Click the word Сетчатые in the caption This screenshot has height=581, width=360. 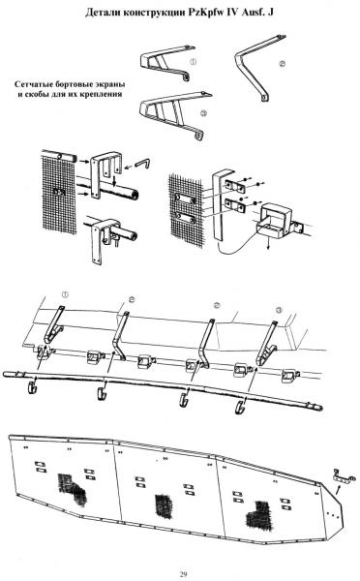(34, 84)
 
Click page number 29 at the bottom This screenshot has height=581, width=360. (183, 574)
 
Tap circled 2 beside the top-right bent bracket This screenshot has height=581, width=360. (283, 64)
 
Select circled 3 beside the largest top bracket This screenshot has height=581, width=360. (203, 113)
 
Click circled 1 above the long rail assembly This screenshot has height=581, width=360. (65, 295)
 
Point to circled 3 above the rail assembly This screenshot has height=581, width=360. (279, 310)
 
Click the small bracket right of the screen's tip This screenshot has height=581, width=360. (344, 476)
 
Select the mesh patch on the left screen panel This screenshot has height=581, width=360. (72, 488)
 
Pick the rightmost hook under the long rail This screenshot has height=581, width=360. (241, 406)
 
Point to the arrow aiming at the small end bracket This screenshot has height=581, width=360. (337, 490)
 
